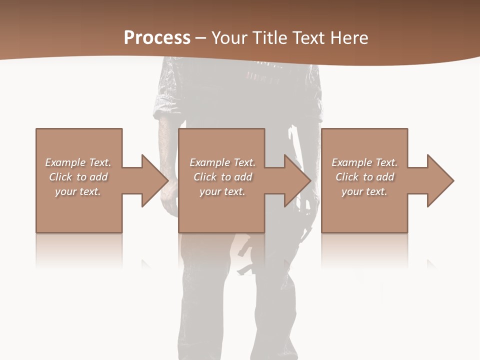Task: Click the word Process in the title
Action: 157,38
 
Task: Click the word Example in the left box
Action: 66,162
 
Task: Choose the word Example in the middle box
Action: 210,162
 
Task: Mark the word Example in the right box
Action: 352,162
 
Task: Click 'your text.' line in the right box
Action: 364,191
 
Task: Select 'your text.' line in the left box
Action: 78,191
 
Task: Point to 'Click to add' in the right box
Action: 364,177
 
